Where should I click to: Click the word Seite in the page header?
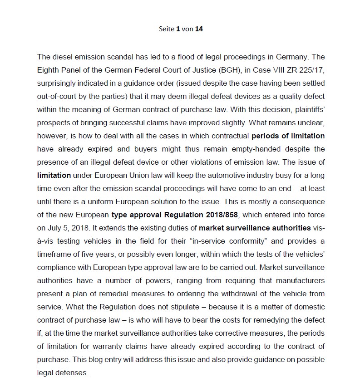(166, 29)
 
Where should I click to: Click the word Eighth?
(49, 70)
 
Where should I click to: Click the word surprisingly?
(57, 83)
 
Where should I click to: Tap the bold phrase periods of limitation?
(288, 136)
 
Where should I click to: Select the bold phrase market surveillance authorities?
(255, 228)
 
